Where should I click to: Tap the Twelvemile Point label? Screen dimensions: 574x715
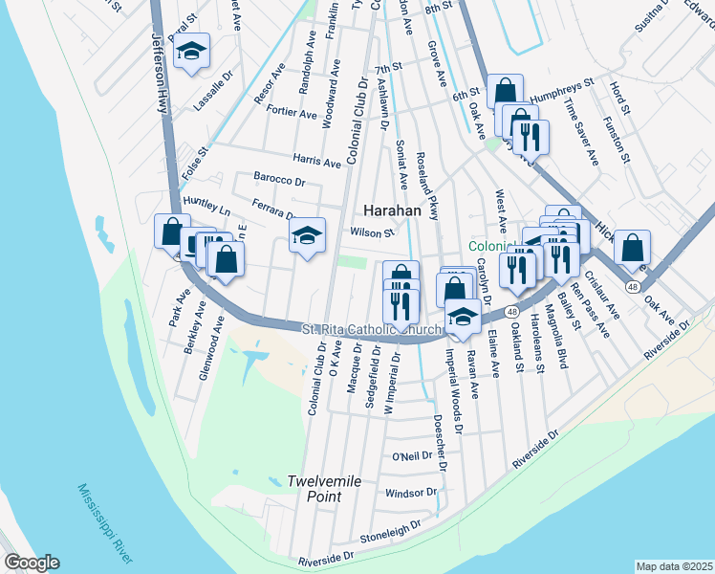point(325,488)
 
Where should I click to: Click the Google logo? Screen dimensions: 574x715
point(31,562)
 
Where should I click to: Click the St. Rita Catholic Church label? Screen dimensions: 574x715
point(373,329)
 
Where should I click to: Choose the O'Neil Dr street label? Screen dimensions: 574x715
point(413,456)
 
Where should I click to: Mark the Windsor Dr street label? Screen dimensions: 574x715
point(410,494)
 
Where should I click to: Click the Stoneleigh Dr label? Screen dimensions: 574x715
point(391,529)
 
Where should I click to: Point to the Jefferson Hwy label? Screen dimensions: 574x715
point(160,72)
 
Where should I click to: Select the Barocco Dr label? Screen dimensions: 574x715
point(279,179)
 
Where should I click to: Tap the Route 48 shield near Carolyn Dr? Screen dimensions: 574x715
point(513,313)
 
